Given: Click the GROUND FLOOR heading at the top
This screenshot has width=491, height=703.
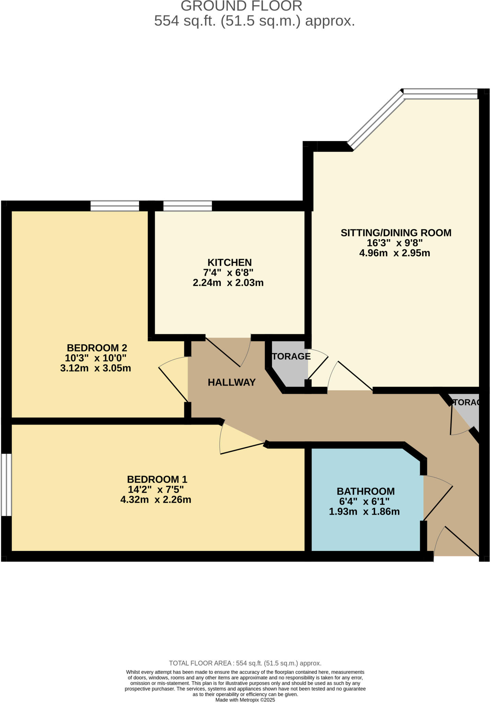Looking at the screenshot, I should click(x=241, y=6).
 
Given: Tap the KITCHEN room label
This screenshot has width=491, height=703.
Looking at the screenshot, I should click(x=230, y=262).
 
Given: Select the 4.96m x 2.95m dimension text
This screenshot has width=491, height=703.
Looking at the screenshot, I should click(x=394, y=253).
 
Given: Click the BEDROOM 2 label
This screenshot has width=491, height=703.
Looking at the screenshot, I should click(x=97, y=348).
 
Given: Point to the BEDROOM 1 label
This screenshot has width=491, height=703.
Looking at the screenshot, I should click(x=157, y=479).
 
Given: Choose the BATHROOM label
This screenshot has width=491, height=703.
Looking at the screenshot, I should click(x=365, y=491).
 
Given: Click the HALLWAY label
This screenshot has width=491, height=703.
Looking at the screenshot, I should click(x=232, y=382).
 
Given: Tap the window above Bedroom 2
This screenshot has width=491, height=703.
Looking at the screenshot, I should click(x=115, y=206).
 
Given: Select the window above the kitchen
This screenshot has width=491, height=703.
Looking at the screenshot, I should click(x=187, y=206).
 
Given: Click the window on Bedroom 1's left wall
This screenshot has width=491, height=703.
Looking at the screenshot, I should click(x=6, y=485).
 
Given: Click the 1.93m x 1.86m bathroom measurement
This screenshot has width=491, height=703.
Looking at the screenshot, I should click(x=364, y=512).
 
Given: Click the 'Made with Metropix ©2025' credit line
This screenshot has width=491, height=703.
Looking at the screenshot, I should click(x=245, y=700).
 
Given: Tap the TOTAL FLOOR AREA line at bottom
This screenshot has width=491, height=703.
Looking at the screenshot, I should click(x=245, y=663).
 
